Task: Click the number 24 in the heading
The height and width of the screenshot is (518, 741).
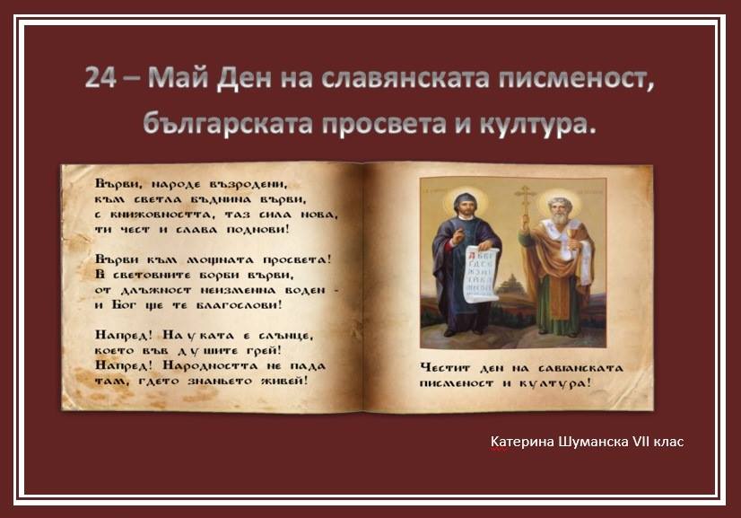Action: [x=100, y=77]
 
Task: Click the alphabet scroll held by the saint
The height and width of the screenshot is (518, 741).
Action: [x=481, y=275]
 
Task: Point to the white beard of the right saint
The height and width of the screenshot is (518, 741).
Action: [x=561, y=218]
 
